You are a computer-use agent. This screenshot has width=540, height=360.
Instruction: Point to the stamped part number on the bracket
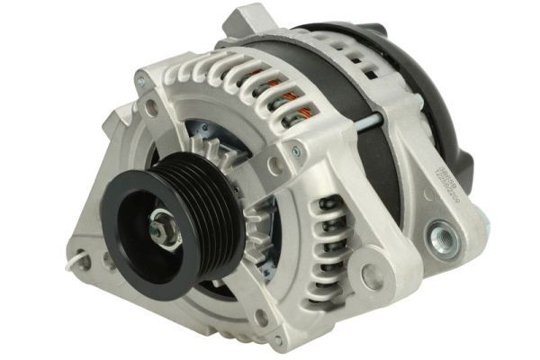(425, 190)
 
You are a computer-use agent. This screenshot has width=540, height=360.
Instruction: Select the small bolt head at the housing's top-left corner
(140, 82)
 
